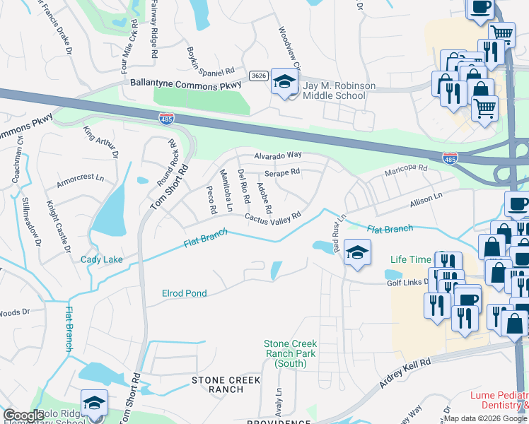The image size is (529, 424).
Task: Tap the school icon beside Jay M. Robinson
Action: click(284, 84)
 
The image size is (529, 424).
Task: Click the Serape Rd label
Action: click(282, 172)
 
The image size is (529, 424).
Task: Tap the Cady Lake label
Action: click(102, 260)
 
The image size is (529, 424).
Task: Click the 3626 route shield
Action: click(257, 75)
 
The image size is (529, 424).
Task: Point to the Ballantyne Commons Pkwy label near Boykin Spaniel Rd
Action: click(185, 83)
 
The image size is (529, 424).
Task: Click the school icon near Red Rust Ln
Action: click(358, 254)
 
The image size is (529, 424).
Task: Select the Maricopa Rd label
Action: click(406, 169)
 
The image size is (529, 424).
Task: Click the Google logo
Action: click(23, 416)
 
